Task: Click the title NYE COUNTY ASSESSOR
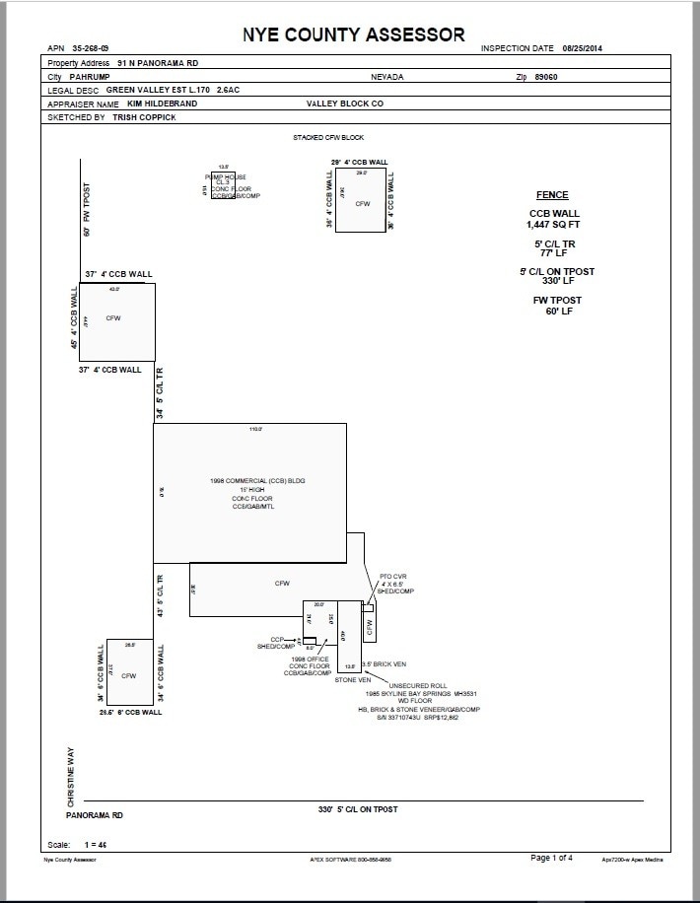[x=354, y=35]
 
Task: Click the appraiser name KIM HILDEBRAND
[x=163, y=104]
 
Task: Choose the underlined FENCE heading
[x=551, y=195]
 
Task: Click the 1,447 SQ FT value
[x=552, y=225]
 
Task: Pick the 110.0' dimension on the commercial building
[x=255, y=429]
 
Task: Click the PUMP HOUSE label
[x=223, y=175]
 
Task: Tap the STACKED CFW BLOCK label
[x=328, y=137]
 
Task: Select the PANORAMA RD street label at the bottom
[x=95, y=816]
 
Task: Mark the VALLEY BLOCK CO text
[x=345, y=103]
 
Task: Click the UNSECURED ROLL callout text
[x=418, y=685]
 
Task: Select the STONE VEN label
[x=352, y=679]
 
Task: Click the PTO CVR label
[x=392, y=577]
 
